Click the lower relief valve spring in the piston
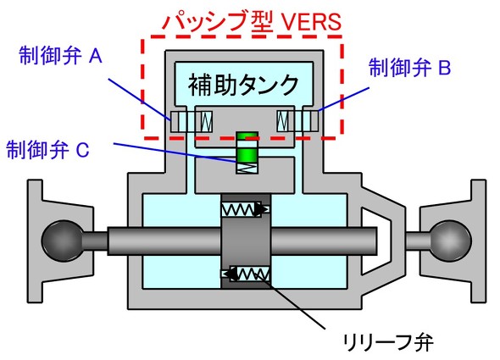click(250, 274)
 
